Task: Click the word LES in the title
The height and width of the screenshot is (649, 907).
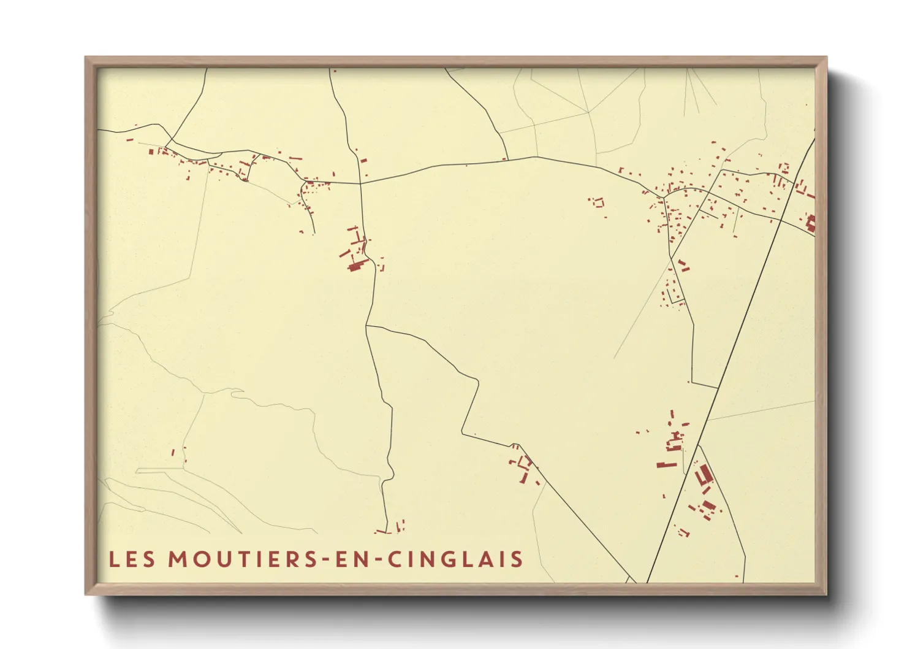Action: pyautogui.click(x=132, y=559)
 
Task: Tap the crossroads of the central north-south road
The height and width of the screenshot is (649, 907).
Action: pyautogui.click(x=360, y=183)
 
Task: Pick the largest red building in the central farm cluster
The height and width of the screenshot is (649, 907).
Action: pyautogui.click(x=355, y=266)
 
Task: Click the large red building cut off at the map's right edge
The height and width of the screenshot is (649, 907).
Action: pyautogui.click(x=811, y=223)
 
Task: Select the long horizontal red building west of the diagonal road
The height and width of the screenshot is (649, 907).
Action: pyautogui.click(x=667, y=465)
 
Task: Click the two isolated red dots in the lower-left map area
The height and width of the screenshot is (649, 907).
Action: pyautogui.click(x=178, y=455)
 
